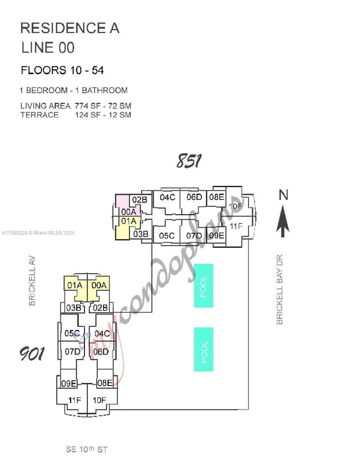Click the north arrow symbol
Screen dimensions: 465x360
tap(283, 221)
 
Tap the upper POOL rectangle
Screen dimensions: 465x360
tap(203, 286)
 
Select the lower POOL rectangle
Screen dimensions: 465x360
tap(204, 349)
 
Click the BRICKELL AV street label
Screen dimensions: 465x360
tap(33, 280)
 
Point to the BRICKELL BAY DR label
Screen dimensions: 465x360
tap(280, 289)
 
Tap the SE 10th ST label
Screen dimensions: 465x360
tap(87, 449)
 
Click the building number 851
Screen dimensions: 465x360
tap(189, 161)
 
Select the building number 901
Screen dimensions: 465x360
tap(32, 354)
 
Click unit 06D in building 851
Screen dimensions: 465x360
tap(194, 197)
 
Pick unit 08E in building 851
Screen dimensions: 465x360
tap(217, 197)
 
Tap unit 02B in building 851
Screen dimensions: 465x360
tap(140, 200)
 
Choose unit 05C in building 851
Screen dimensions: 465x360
tap(167, 236)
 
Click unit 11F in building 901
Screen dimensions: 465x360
tap(74, 400)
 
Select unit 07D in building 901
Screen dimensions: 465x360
tap(72, 352)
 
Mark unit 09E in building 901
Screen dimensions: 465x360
tap(68, 384)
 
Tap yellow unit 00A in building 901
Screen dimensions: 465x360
tap(99, 285)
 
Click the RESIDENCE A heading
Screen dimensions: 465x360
tap(70, 28)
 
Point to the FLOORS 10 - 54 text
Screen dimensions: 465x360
tap(62, 71)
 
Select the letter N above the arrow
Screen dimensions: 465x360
tap(283, 195)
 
